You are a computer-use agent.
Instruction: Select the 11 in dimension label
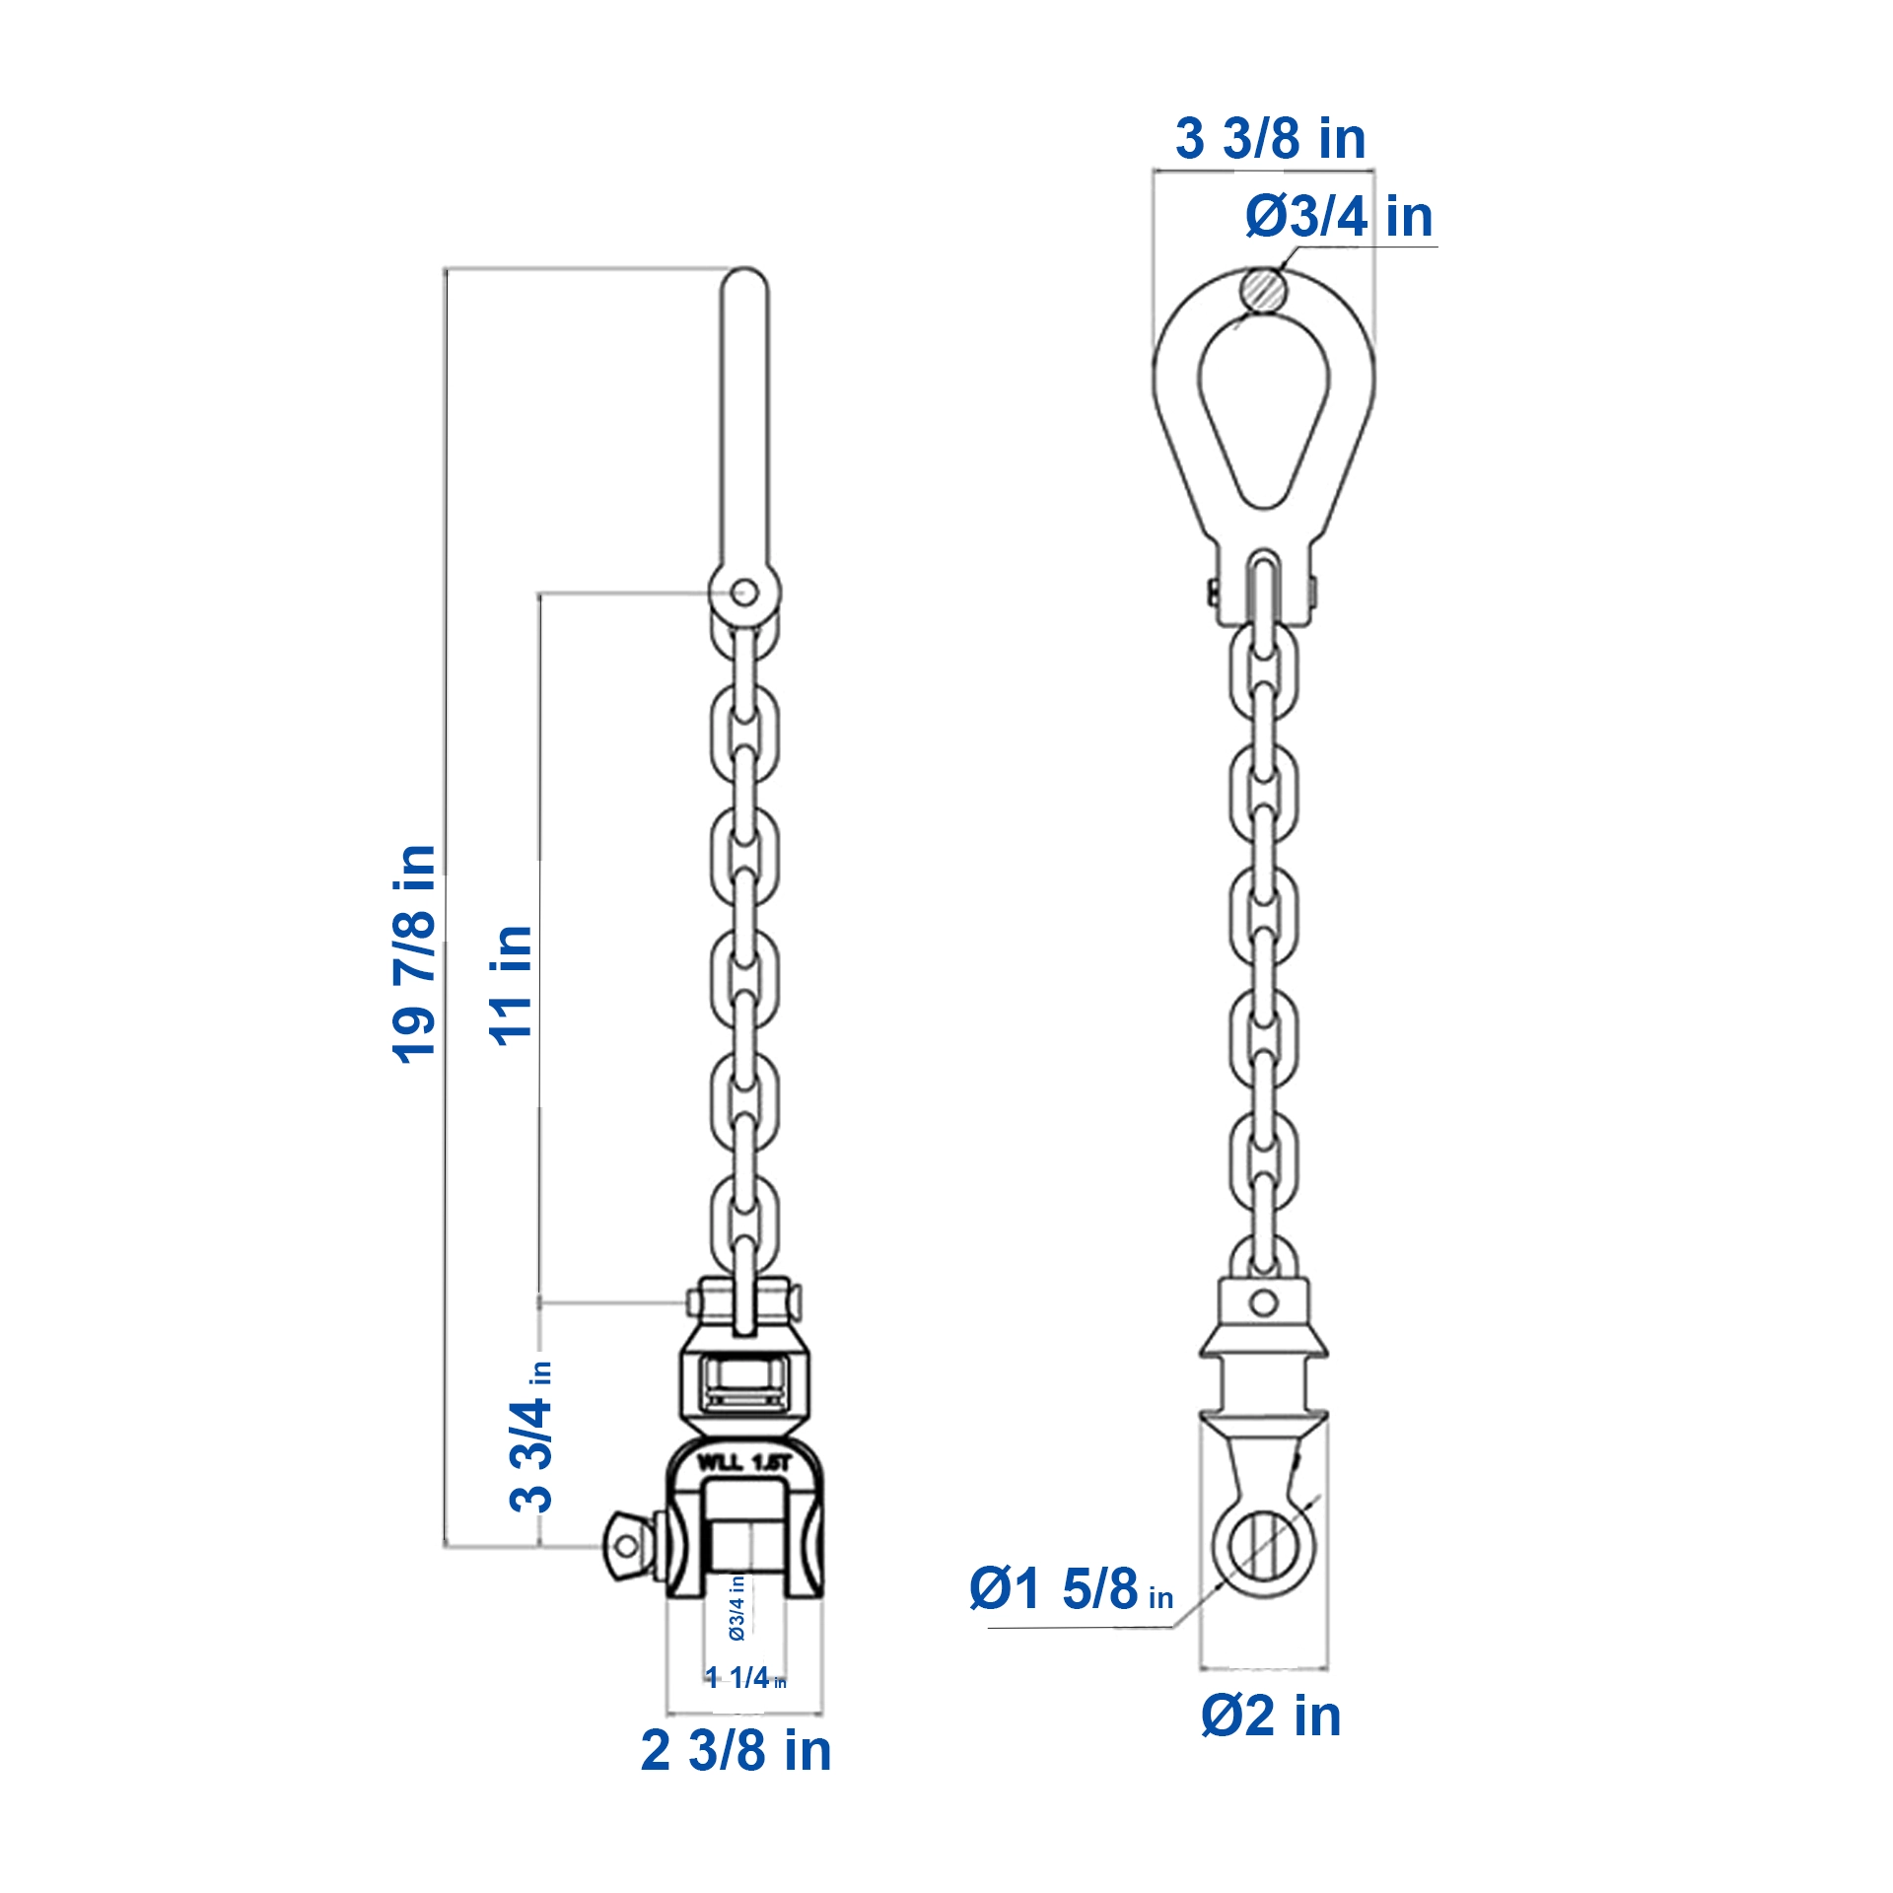512,984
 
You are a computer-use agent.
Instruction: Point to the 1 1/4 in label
745,1677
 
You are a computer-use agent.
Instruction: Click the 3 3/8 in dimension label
1270,138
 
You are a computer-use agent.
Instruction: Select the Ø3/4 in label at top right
1339,216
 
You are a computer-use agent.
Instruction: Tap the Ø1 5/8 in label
1071,1588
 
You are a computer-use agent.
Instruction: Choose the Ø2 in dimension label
1271,1716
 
